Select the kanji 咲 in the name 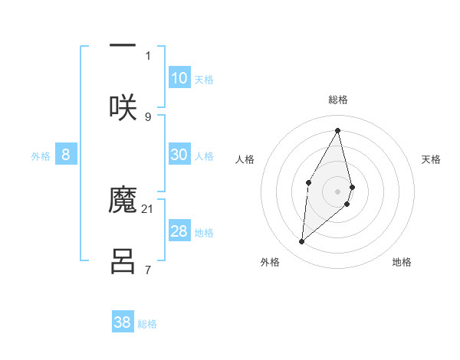[x=123, y=106]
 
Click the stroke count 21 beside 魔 [x=148, y=208]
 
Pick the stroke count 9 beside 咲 [x=148, y=116]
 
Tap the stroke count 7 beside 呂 [x=148, y=269]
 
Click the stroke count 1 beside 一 [x=148, y=55]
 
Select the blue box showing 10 [x=179, y=77]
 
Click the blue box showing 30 [x=179, y=155]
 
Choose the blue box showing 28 [x=179, y=231]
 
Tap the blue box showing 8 [x=66, y=155]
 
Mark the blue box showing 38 [x=123, y=322]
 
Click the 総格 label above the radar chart [x=338, y=100]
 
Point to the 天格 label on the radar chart [x=431, y=159]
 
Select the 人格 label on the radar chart [x=245, y=159]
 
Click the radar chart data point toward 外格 [x=302, y=242]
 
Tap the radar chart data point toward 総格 [x=338, y=130]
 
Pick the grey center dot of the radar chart [x=338, y=191]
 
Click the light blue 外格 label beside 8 [x=41, y=155]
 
